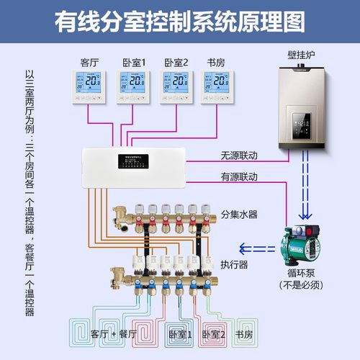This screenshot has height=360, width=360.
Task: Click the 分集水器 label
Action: (x=239, y=214)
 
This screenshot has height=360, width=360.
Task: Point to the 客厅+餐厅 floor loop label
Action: (x=117, y=334)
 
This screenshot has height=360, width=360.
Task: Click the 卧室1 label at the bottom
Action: (x=181, y=335)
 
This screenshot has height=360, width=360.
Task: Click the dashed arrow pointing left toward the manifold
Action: (x=255, y=249)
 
